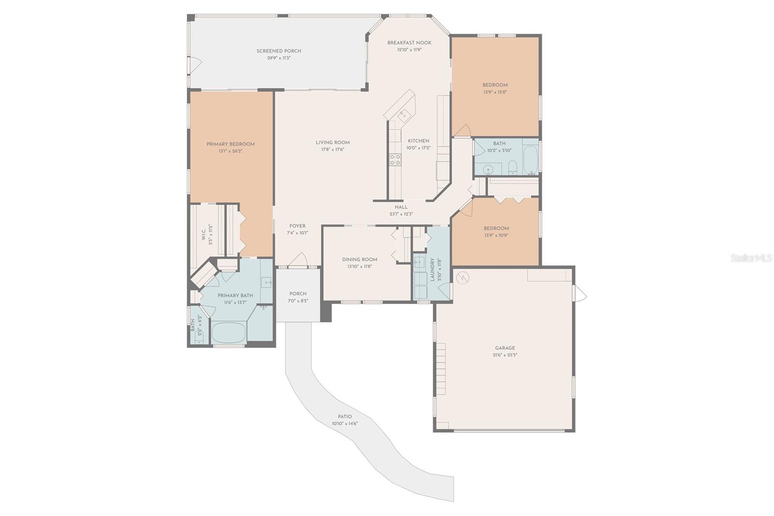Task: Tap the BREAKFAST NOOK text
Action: coord(409,43)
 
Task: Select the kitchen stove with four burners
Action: coord(395,160)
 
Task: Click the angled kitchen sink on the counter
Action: coord(403,115)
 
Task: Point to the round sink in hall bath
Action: coord(489,170)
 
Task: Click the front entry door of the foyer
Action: coord(298,261)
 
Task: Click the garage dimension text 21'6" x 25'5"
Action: coord(505,355)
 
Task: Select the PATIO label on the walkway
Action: coord(345,416)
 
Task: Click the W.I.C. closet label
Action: coord(204,235)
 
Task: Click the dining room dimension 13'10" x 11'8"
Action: coord(359,266)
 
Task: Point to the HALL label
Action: coord(401,207)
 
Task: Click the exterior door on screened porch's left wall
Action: coord(194,64)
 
